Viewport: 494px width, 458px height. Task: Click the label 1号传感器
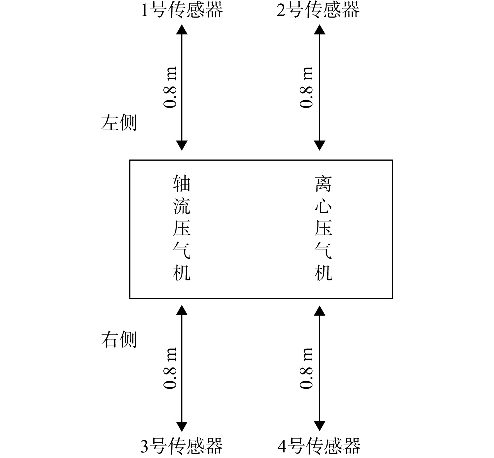[182, 10]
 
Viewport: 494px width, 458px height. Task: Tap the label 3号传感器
[181, 446]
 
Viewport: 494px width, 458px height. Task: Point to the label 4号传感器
[319, 446]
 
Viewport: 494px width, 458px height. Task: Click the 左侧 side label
[119, 123]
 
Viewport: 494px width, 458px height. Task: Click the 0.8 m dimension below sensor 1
[170, 87]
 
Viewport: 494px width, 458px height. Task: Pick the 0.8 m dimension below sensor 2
[306, 87]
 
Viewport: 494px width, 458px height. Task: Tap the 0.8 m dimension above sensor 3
[170, 368]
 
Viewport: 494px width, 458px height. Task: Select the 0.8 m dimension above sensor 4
[306, 368]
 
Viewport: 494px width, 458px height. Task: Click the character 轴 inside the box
[182, 183]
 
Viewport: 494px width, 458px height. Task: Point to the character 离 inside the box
[323, 183]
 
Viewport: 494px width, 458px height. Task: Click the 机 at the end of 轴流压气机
[182, 273]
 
